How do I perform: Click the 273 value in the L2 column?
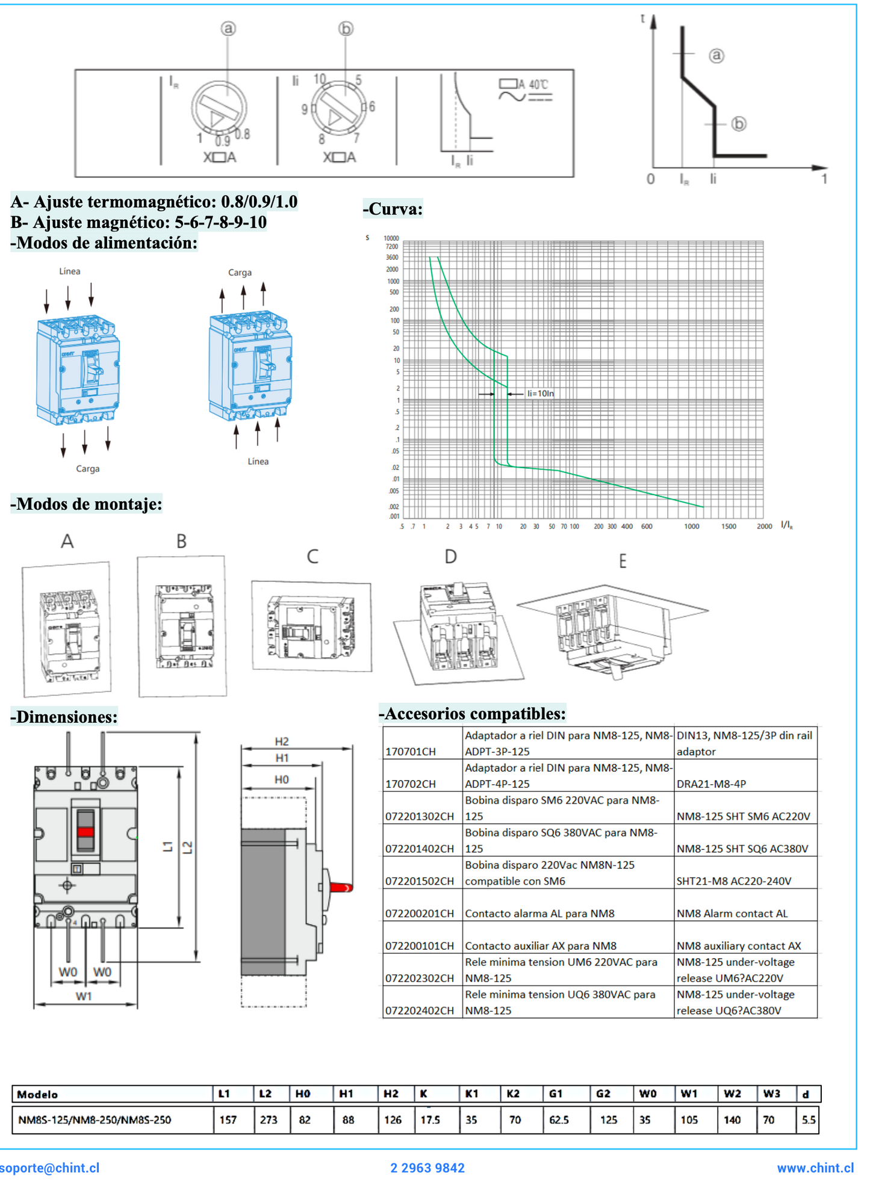point(269,1120)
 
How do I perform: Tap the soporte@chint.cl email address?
point(49,1168)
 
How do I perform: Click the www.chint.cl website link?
point(815,1168)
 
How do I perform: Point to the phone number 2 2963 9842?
point(427,1168)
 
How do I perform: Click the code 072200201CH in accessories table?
point(420,913)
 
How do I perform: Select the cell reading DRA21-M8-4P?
point(711,784)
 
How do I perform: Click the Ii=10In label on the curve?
point(540,394)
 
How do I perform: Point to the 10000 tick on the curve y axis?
point(391,238)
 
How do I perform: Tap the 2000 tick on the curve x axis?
point(764,527)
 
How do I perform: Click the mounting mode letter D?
point(450,557)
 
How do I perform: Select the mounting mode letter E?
point(623,562)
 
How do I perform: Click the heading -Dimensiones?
point(64,717)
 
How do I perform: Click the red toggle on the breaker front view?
point(85,832)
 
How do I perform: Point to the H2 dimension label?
point(282,741)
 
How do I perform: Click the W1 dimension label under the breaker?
point(84,996)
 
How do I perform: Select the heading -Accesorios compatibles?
point(472,714)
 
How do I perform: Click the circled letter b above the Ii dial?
point(346,28)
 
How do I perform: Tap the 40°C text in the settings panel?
point(538,84)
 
